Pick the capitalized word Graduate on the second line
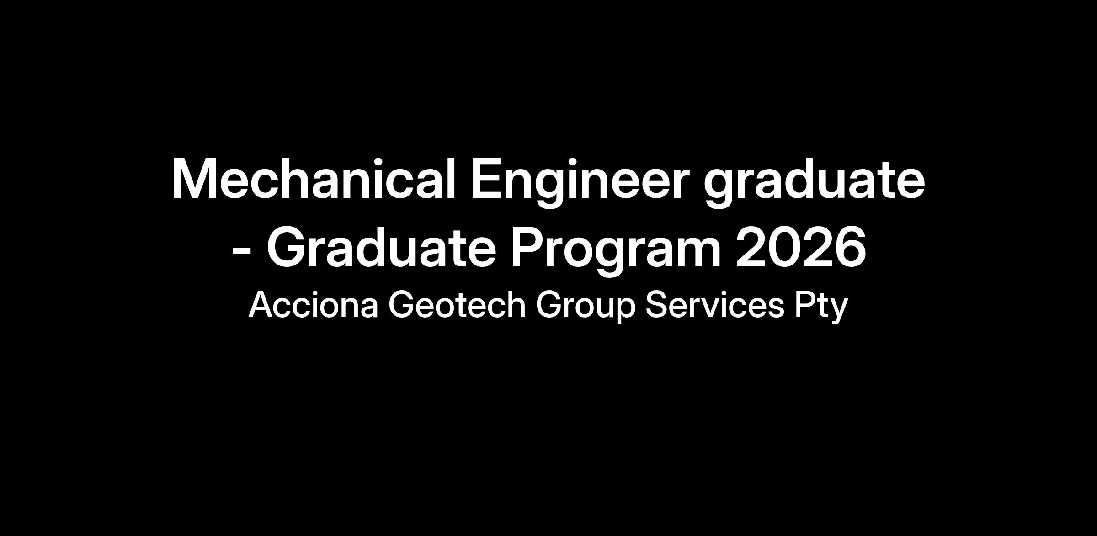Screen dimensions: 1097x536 coord(381,247)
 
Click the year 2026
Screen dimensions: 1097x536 coord(801,247)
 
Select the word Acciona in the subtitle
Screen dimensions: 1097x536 coord(314,304)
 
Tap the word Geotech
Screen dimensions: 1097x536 coord(457,304)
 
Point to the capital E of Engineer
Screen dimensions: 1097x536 coord(487,179)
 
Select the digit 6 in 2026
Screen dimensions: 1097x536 coord(851,247)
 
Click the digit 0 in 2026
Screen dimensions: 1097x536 coord(784,247)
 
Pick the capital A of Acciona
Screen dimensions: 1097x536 coord(261,304)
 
